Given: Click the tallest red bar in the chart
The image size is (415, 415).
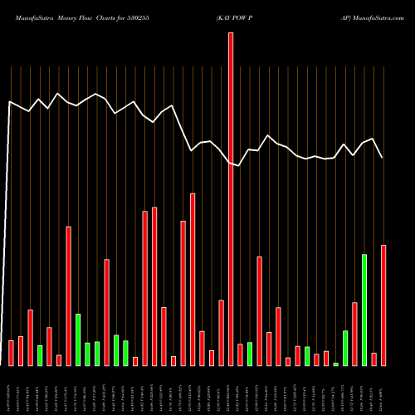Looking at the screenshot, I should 231,199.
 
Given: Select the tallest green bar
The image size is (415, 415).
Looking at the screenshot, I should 364,310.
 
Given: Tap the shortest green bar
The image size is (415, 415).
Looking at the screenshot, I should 336,364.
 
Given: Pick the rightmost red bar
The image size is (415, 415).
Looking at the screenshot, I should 383,305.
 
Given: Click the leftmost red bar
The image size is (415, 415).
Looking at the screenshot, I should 11,353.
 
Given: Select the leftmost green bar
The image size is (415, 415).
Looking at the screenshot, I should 40,355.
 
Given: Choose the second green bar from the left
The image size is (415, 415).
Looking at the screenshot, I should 78,339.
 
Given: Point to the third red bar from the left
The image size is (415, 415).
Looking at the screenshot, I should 30,337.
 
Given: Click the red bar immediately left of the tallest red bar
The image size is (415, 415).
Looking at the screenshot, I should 222,332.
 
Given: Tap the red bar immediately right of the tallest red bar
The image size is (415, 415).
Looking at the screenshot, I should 241,354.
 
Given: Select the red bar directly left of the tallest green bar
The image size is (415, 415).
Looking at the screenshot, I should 354,334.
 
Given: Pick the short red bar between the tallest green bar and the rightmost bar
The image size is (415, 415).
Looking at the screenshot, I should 374,359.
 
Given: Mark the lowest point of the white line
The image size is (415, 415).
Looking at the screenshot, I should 238,166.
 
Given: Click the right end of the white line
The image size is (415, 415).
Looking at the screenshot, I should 383,158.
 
